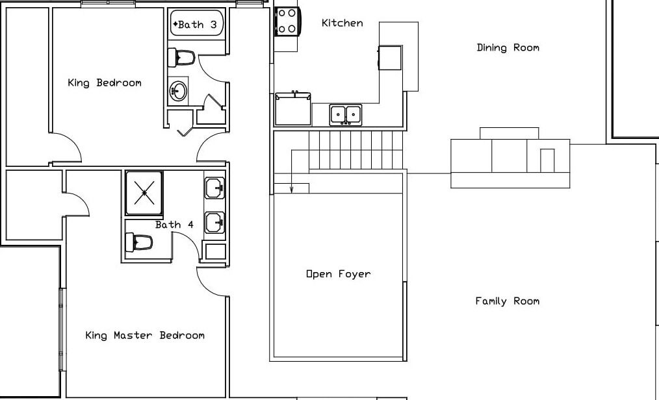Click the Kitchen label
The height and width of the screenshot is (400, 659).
point(342,23)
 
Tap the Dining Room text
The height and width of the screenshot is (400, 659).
point(508,48)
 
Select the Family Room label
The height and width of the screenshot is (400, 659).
point(508,301)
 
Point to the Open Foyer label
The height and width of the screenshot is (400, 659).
point(339,275)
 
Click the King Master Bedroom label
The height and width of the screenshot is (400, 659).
point(145,335)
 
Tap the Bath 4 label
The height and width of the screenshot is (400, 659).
point(174,225)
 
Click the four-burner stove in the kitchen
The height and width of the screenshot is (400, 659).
point(287,21)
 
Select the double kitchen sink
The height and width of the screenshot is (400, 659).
point(346,114)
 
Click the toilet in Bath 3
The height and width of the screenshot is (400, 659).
point(181,58)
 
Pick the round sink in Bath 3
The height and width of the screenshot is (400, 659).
point(178,91)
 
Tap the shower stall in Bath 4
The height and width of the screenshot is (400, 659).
point(144,193)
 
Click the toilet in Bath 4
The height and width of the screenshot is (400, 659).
point(138,243)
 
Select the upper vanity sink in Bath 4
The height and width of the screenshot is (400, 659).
point(214,188)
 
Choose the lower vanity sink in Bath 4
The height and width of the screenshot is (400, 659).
point(214,223)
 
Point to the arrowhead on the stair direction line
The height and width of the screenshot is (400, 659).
point(292,190)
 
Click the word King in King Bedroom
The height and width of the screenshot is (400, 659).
point(79,82)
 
